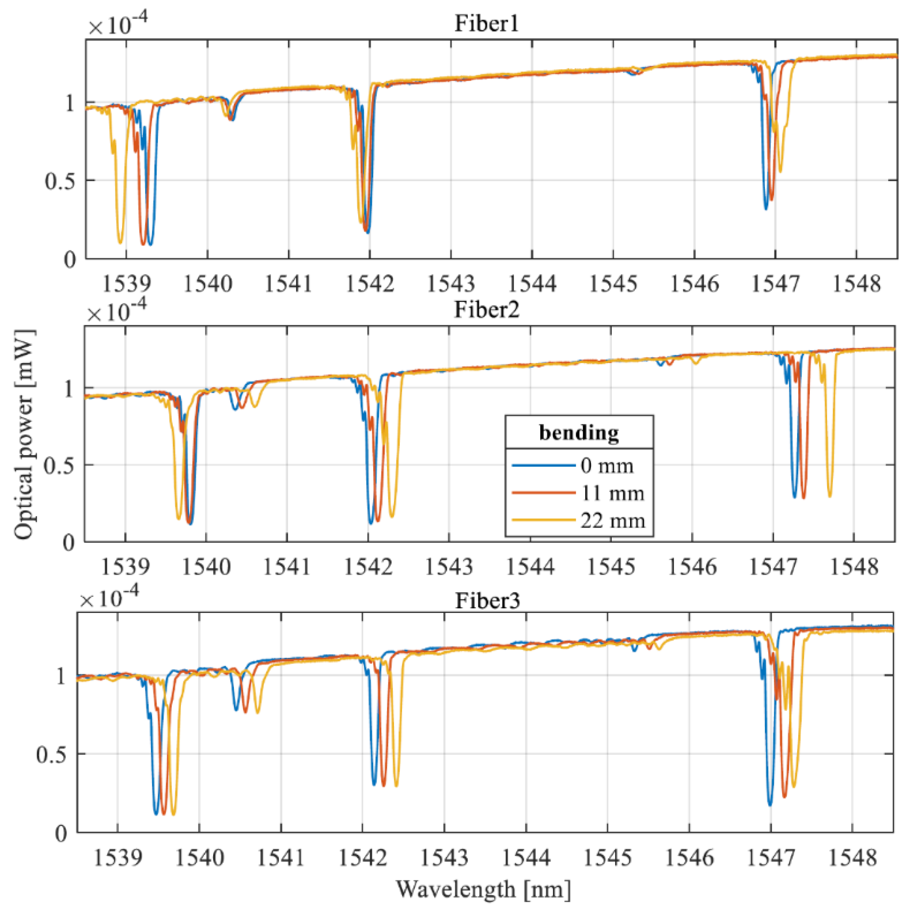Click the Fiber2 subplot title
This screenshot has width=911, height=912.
click(486, 310)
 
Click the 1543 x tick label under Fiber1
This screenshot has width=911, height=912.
click(450, 284)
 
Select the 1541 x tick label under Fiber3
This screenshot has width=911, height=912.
click(281, 857)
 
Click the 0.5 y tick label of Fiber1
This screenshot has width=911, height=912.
click(60, 181)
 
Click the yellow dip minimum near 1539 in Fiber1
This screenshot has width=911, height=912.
click(120, 243)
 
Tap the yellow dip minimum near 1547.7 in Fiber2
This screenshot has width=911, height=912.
click(830, 496)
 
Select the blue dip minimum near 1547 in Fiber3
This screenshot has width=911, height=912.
click(770, 804)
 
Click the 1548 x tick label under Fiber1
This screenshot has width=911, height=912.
click(856, 284)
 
